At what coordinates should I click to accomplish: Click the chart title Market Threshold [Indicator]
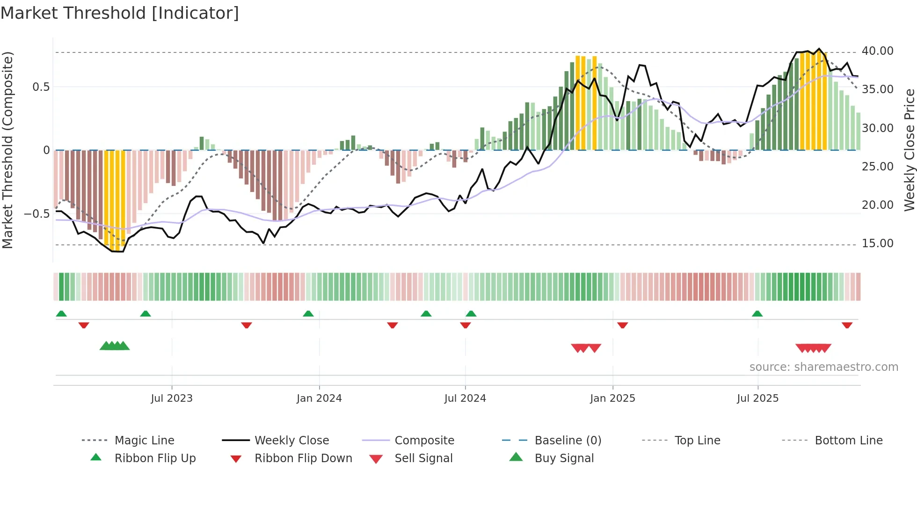click(120, 13)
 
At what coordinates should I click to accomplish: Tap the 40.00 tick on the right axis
click(877, 51)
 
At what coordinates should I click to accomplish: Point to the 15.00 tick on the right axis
click(877, 243)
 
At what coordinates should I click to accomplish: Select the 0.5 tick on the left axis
click(41, 87)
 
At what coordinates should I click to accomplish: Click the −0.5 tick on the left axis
click(36, 214)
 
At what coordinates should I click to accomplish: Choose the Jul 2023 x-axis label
click(172, 398)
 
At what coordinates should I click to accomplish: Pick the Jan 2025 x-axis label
click(612, 398)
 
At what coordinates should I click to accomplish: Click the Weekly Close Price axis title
click(909, 150)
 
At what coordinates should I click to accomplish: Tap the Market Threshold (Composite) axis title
click(7, 150)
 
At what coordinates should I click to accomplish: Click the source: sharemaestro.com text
click(823, 367)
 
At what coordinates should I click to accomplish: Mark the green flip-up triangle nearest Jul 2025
click(757, 314)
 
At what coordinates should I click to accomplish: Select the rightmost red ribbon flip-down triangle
click(847, 325)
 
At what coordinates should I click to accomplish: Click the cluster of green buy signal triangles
click(115, 346)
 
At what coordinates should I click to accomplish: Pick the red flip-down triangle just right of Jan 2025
click(622, 325)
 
